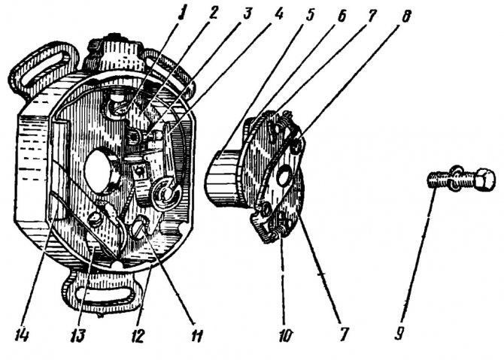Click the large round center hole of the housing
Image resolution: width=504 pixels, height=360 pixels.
[x=99, y=172]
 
